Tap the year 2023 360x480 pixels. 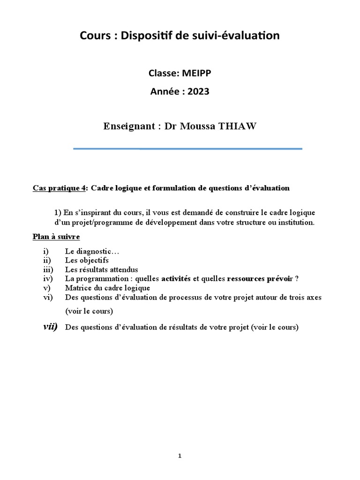(199, 91)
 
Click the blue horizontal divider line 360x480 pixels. (187, 149)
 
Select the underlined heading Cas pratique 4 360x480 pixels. (60, 188)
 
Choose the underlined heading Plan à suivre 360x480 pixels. (56, 236)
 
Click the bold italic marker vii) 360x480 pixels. (50, 327)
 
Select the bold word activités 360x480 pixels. (176, 278)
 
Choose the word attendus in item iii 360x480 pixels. (122, 269)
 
